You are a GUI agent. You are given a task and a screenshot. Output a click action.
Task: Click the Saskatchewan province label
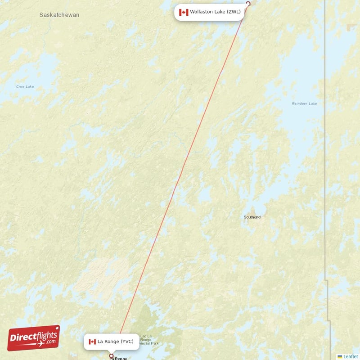pos(59,15)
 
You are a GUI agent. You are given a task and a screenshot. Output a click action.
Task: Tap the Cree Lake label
pos(25,86)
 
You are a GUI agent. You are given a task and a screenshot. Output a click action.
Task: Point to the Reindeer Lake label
pos(304,103)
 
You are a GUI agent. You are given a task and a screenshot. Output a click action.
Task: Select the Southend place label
pos(252,217)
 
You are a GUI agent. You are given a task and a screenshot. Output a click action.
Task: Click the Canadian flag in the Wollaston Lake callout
pos(184,12)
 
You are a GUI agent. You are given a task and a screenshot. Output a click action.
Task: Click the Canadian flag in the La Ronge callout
pos(92,342)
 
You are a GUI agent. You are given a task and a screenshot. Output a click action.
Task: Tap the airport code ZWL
pos(234,12)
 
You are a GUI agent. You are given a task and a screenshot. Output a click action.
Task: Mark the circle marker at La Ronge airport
pos(112,356)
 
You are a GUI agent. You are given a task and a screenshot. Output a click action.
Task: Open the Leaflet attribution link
pos(351,356)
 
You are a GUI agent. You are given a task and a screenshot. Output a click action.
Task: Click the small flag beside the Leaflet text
pos(340,356)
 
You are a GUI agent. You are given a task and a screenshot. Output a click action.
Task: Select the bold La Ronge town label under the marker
pos(119,359)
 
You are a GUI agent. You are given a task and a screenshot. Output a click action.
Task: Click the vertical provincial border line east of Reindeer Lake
pos(324,135)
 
